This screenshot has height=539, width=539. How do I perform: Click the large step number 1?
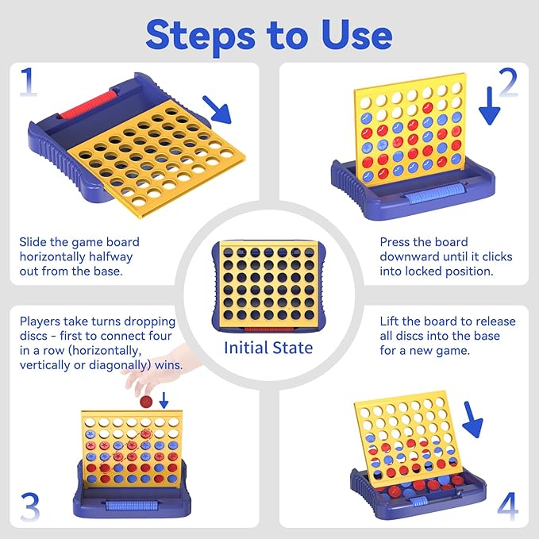[x=29, y=82]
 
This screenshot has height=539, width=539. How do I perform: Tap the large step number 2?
[x=508, y=82]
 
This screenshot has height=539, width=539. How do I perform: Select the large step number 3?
[x=30, y=507]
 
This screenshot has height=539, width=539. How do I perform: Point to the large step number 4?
[x=508, y=506]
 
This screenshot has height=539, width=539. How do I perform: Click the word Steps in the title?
[x=201, y=37]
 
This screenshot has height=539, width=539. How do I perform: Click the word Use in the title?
[x=356, y=35]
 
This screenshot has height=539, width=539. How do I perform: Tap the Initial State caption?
[x=268, y=348]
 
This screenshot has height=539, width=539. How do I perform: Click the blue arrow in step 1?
[x=218, y=110]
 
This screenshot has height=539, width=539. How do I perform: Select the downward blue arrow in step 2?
[x=489, y=106]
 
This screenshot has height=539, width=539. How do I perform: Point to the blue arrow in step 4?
[x=472, y=420]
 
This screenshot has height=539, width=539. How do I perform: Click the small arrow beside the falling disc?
[x=164, y=400]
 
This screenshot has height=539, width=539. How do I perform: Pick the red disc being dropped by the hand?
[x=146, y=402]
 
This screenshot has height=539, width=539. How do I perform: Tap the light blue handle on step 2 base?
[x=434, y=196]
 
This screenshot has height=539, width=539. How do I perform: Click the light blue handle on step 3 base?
[x=132, y=506]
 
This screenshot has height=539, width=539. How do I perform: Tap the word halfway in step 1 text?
[x=110, y=257]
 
